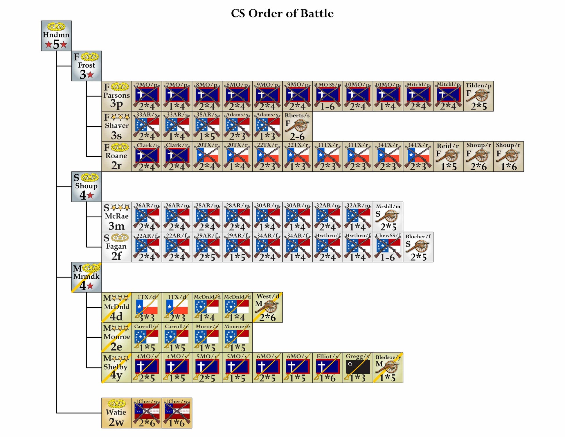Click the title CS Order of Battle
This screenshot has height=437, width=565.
coord(282,13)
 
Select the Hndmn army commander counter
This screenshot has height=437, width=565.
coord(56,36)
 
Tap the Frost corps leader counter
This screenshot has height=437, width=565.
coord(87,66)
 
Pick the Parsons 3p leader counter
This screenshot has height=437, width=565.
coord(116,96)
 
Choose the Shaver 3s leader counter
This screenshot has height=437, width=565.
coord(116,126)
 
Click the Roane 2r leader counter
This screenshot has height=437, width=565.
coord(116,157)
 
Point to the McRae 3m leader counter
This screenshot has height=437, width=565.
coord(116,217)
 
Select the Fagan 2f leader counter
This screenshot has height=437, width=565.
coord(116,247)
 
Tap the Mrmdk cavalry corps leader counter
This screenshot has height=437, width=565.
coord(87,277)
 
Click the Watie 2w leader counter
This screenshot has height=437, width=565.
coord(116,413)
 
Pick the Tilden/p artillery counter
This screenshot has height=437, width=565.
coord(478,96)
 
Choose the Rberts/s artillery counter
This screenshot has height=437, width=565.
coord(297,126)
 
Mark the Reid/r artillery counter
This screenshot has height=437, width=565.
coord(448,157)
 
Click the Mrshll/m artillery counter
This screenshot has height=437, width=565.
coord(388,217)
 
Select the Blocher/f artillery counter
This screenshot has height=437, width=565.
coord(418,247)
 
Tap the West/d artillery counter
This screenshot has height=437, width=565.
coord(267,307)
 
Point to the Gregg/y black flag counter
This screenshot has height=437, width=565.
coord(358,368)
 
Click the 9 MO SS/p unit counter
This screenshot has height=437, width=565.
coord(328,96)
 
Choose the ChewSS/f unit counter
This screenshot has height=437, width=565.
coord(388,247)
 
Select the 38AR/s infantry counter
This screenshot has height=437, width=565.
coord(207,126)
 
